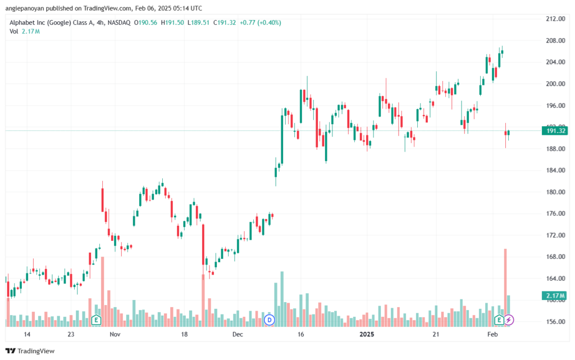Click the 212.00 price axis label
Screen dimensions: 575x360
pyautogui.click(x=555, y=19)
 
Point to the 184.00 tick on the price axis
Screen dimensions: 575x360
pyautogui.click(x=555, y=170)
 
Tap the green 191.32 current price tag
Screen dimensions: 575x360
pyautogui.click(x=555, y=131)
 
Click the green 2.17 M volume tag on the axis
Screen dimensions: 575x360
pyautogui.click(x=555, y=295)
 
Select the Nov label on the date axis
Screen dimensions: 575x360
pyautogui.click(x=115, y=334)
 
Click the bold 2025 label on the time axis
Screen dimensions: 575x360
pyautogui.click(x=367, y=334)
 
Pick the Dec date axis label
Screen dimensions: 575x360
pyautogui.click(x=238, y=334)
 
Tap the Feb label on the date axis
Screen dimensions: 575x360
pyautogui.click(x=492, y=334)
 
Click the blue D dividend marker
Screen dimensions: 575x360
pyautogui.click(x=270, y=320)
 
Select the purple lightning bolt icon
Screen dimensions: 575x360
pyautogui.click(x=509, y=320)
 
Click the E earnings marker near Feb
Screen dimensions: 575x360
pyautogui.click(x=499, y=320)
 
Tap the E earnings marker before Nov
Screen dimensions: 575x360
pyautogui.click(x=96, y=320)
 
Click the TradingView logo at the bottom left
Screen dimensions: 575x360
pyautogui.click(x=30, y=351)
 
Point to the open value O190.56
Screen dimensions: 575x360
pyautogui.click(x=145, y=22)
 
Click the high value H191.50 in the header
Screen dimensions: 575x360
pyautogui.click(x=172, y=22)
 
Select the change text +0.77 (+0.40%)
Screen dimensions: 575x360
pyautogui.click(x=261, y=22)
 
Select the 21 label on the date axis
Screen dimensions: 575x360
pyautogui.click(x=436, y=334)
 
